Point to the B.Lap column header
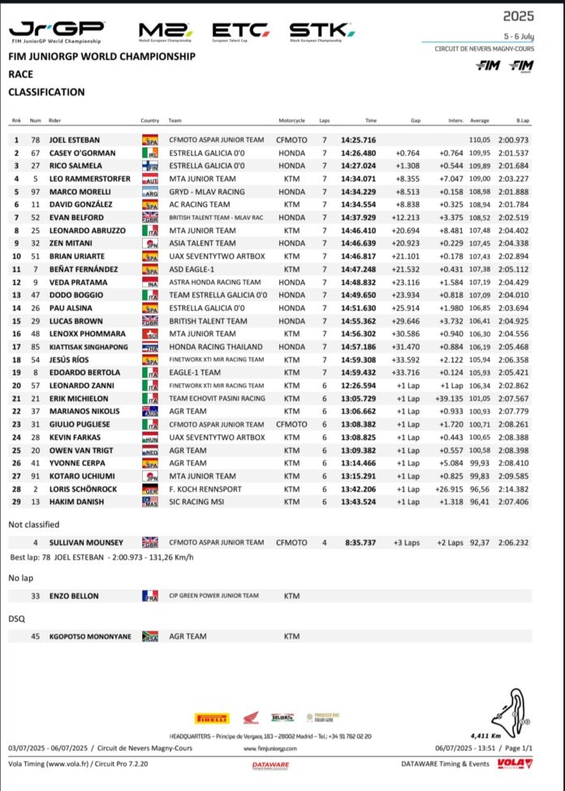click(522, 120)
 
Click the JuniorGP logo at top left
click(55, 32)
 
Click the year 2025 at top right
click(518, 15)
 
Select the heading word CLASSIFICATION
click(46, 93)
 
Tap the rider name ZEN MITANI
click(69, 243)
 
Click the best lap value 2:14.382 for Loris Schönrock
click(512, 489)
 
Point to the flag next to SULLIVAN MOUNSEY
click(150, 542)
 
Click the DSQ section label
click(16, 619)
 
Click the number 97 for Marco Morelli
click(36, 192)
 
